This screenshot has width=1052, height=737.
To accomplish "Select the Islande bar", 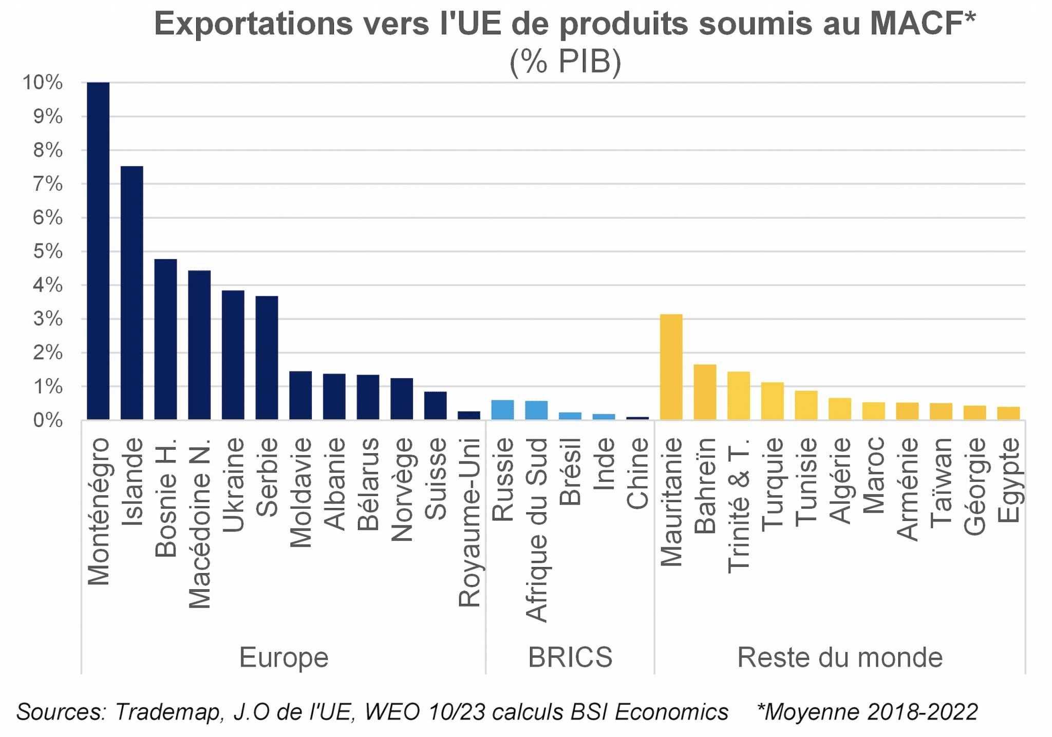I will point(131,293).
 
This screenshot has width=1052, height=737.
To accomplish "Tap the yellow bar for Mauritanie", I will point(671,366).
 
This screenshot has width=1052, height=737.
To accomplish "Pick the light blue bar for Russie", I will point(502,410).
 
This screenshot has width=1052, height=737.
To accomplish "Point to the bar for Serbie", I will point(267,358).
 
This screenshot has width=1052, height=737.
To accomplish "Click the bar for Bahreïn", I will point(705,392).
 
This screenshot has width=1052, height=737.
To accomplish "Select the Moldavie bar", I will point(300,395).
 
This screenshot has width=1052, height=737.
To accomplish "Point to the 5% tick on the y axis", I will point(48,251).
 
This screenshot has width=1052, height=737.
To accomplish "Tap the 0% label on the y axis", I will point(48,421).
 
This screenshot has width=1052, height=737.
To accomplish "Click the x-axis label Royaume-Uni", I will point(469,522).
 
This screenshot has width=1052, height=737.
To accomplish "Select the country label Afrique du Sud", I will point(536,530).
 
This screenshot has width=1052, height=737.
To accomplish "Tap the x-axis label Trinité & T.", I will point(739,506).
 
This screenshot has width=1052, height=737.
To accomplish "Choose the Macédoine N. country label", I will point(199,523).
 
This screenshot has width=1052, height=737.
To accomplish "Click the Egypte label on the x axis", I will point(1009,480).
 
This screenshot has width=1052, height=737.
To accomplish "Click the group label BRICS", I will point(570,657).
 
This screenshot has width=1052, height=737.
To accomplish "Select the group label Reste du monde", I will point(840,657).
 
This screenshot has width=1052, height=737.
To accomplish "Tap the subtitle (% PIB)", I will point(566,62).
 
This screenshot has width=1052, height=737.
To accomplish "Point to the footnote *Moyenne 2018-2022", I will point(868,712).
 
